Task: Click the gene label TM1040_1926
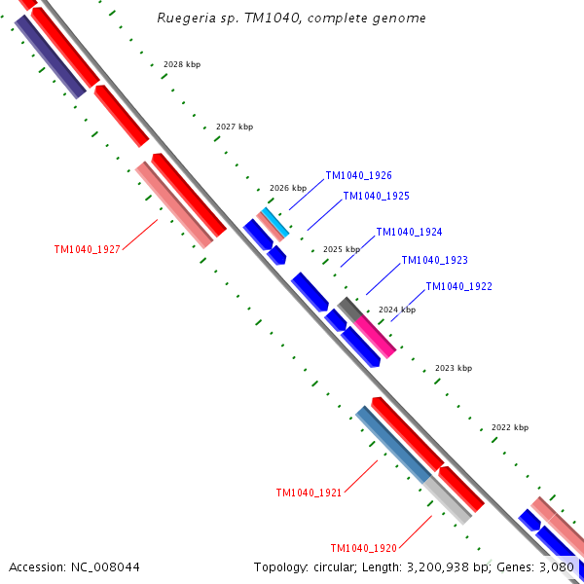click(358, 176)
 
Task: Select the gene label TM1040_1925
click(376, 197)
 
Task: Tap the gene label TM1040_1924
click(409, 232)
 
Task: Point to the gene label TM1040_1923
click(434, 260)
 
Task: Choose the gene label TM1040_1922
click(458, 286)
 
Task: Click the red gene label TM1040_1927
click(87, 249)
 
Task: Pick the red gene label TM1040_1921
click(309, 493)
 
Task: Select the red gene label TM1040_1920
click(363, 548)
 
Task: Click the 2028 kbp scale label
click(181, 64)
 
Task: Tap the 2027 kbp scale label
click(234, 127)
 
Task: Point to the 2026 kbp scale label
click(287, 188)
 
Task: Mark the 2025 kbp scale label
click(341, 249)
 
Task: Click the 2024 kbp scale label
click(396, 310)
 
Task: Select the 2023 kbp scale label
click(453, 368)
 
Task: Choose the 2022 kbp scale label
click(509, 427)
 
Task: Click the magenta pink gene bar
click(375, 336)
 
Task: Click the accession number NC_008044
click(74, 566)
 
